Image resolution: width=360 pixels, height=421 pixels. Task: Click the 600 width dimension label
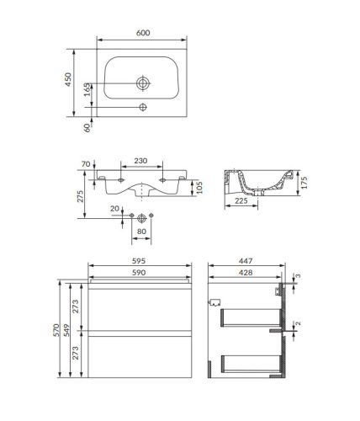click(143, 33)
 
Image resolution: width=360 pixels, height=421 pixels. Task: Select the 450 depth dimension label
click(68, 79)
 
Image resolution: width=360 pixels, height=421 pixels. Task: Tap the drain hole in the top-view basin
click(143, 83)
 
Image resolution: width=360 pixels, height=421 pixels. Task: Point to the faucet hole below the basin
click(143, 107)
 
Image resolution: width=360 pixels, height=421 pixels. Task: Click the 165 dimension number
click(87, 89)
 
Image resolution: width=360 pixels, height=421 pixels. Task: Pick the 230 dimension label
click(140, 161)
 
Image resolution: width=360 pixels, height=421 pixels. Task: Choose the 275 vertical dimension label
click(81, 196)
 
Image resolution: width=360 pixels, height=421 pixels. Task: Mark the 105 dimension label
click(199, 188)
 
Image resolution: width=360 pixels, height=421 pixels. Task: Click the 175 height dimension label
click(304, 183)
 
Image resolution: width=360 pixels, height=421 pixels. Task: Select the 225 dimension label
click(241, 200)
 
